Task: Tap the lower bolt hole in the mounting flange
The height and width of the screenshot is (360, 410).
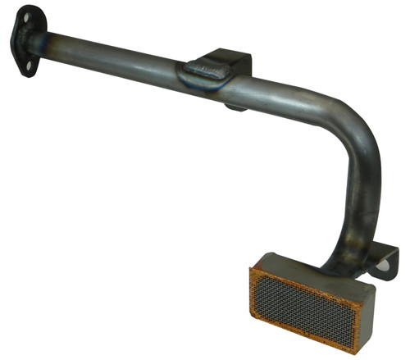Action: [29, 65]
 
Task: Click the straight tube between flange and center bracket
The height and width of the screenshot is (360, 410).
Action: [115, 54]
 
